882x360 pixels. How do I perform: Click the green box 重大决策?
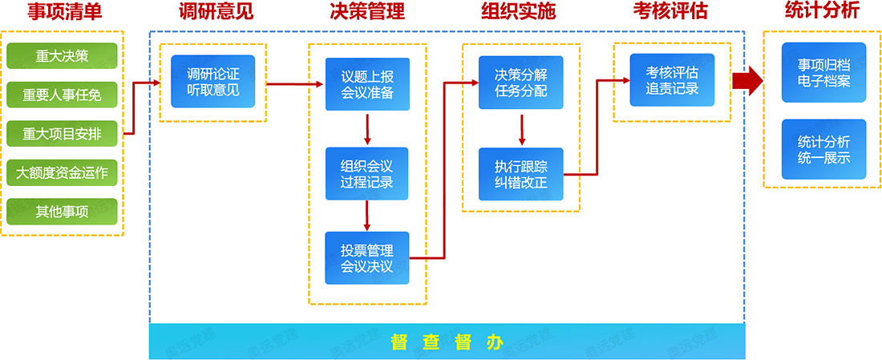pos(62,55)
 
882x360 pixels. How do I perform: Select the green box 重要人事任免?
pos(62,95)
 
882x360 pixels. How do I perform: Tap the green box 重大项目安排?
pos(62,133)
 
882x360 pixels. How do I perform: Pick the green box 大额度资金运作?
pos(62,172)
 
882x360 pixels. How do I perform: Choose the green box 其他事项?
pos(62,212)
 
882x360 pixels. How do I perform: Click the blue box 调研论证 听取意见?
pos(212,82)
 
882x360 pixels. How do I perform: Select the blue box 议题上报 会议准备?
pos(367,84)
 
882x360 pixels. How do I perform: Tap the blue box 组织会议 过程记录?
pos(367,174)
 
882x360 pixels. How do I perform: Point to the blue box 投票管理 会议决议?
pos(367,257)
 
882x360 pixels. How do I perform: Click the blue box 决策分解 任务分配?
pos(521,82)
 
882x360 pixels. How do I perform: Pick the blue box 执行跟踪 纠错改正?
pos(521,174)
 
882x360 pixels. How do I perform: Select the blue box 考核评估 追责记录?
pos(672,80)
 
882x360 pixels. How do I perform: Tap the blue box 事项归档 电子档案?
pos(823,72)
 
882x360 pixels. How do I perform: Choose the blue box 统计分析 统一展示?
pos(823,149)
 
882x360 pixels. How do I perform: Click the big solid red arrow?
pos(747,81)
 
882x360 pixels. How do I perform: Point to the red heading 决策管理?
pos(367,12)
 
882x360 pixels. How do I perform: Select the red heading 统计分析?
pos(823,11)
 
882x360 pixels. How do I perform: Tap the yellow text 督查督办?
pos(447,342)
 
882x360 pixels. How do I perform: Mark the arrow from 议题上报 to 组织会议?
pos(366,129)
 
